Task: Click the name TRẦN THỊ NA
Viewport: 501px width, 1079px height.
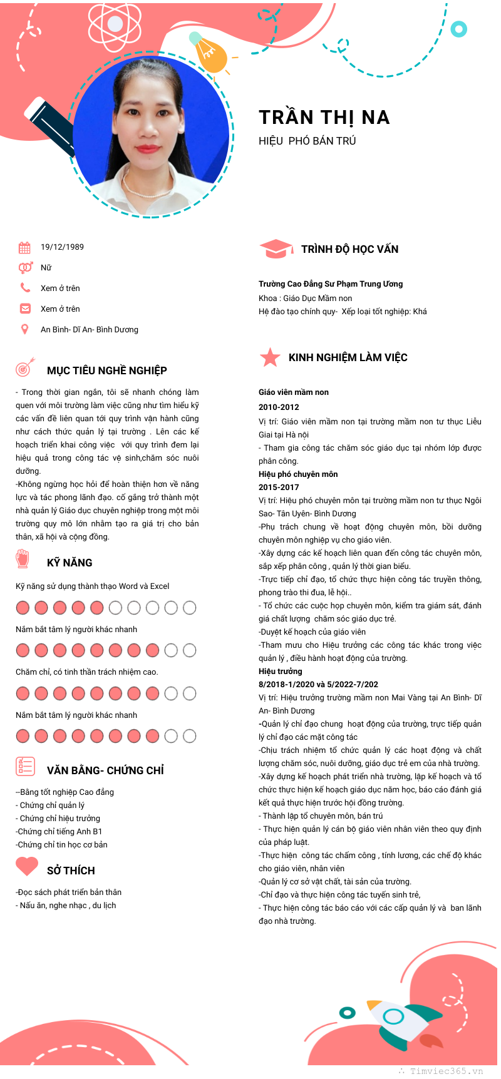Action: coord(324,118)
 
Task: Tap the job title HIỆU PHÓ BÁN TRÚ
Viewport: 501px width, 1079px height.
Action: coord(307,141)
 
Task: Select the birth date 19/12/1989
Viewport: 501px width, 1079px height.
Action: coord(62,247)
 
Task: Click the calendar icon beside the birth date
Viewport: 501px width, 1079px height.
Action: coord(24,247)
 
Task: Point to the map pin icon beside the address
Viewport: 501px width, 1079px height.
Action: coord(25,329)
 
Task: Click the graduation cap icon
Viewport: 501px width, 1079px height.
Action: coord(276,249)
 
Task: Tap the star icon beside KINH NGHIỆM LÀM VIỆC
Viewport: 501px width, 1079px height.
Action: coord(270,357)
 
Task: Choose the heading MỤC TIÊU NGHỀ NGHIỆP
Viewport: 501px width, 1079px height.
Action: coord(106,371)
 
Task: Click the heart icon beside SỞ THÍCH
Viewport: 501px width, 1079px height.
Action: coord(27,866)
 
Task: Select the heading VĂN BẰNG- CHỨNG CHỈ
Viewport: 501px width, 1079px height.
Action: coord(105,770)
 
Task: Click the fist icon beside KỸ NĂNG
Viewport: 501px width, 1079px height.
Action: coord(23,558)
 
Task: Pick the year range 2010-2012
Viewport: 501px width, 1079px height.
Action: coord(279,407)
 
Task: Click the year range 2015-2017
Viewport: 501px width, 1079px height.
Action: coord(279,487)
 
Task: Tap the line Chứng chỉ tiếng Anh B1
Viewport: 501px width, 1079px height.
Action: coord(59,831)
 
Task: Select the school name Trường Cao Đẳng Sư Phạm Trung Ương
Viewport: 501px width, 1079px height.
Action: coord(331,284)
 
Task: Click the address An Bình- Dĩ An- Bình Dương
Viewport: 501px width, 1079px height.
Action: coord(90,329)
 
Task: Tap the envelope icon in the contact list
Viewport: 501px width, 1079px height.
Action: coord(25,309)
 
